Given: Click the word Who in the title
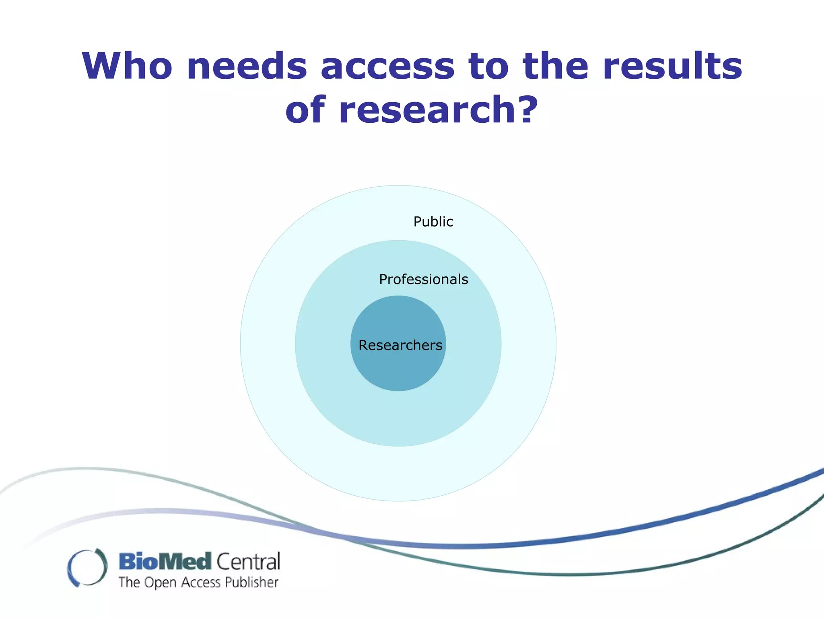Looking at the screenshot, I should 127,66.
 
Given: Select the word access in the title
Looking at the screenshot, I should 388,67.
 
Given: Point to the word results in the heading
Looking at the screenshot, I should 672,66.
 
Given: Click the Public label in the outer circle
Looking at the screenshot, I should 433,222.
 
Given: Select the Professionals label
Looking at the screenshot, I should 424,279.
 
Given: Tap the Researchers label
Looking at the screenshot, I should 400,345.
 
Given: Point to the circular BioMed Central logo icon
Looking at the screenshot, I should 87,567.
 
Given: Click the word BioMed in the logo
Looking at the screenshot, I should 165,561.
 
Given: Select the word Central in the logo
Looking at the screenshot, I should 249,562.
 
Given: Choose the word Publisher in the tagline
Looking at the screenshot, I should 251,583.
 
